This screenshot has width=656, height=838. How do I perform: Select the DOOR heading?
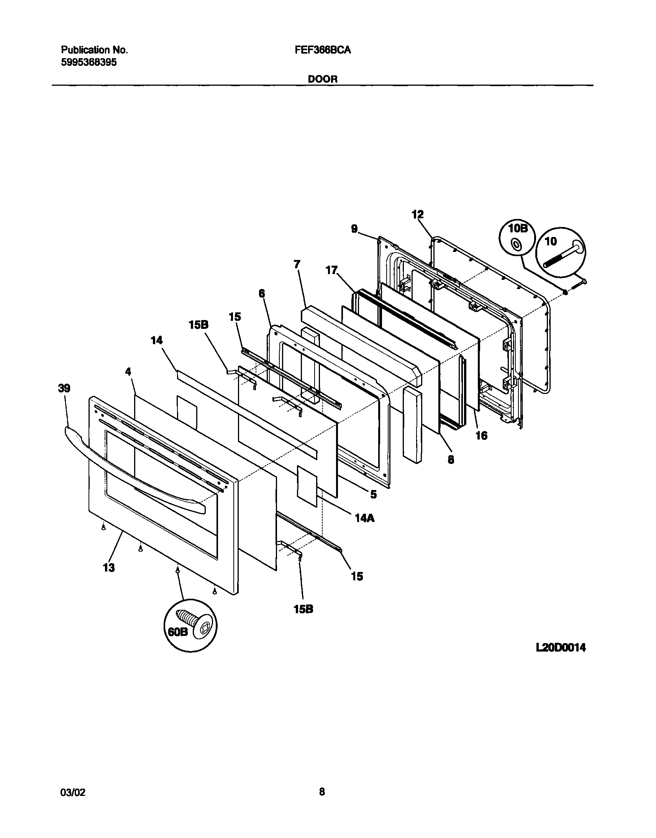(323, 79)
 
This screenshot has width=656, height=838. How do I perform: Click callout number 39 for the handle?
(64, 388)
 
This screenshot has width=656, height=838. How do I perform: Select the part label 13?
(109, 567)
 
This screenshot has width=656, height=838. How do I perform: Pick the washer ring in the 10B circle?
(516, 243)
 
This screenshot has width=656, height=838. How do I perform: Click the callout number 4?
(128, 371)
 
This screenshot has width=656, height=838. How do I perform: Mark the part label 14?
(157, 340)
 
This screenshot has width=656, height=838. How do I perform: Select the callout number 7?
(297, 264)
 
